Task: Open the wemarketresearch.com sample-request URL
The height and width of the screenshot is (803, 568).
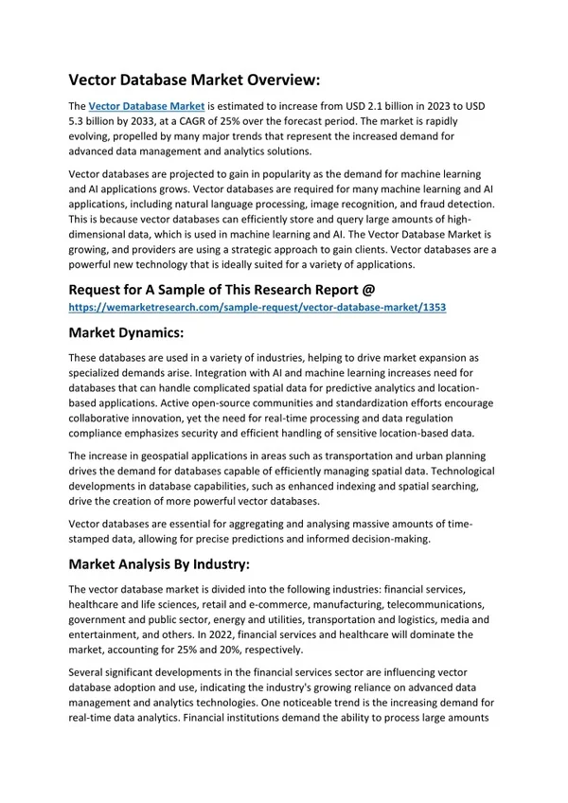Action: [257, 308]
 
